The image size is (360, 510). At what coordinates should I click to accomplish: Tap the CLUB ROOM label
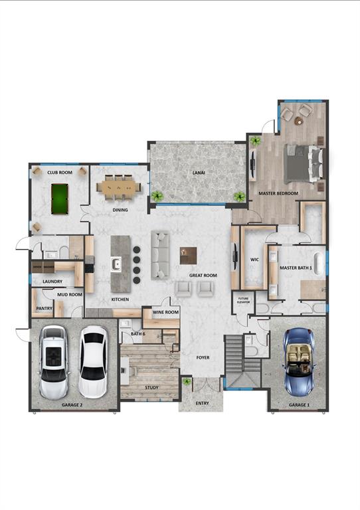[x=60, y=172]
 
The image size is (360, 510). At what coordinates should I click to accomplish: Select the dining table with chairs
[x=120, y=187]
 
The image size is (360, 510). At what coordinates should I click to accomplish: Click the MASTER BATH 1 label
[x=296, y=268]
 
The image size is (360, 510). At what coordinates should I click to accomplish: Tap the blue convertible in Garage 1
[x=296, y=363]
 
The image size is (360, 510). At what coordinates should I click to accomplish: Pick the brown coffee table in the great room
[x=189, y=255]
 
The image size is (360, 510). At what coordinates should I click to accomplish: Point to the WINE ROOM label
[x=165, y=312]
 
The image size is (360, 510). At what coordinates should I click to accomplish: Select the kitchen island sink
[x=117, y=264]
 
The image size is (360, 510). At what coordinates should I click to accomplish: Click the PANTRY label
[x=45, y=308]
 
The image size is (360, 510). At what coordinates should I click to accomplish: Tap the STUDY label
[x=151, y=386]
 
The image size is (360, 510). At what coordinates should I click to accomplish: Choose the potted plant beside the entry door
[x=186, y=383]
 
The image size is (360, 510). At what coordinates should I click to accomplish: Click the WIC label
[x=254, y=260]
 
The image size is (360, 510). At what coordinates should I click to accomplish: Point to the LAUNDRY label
[x=52, y=282]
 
